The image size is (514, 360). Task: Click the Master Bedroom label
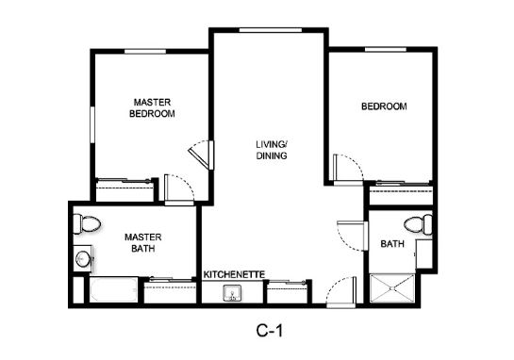152,108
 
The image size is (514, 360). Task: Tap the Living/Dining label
272,150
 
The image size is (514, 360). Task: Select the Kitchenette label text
234,274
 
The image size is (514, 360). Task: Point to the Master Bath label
143,243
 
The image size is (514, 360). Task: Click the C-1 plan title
269,331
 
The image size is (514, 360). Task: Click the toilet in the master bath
87,223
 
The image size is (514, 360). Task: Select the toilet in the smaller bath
418,224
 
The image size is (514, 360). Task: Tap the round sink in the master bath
82,259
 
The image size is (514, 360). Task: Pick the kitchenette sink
232,292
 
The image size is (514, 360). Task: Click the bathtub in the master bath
113,289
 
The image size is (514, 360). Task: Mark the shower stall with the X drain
392,288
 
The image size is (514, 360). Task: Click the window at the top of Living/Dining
271,30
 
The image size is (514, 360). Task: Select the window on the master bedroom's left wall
92,124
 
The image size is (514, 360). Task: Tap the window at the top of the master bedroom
145,52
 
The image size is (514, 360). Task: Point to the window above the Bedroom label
386,49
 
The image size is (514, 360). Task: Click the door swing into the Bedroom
348,169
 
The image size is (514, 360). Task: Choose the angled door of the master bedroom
201,155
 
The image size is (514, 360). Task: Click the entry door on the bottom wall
341,292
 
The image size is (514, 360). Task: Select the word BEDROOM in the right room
384,106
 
